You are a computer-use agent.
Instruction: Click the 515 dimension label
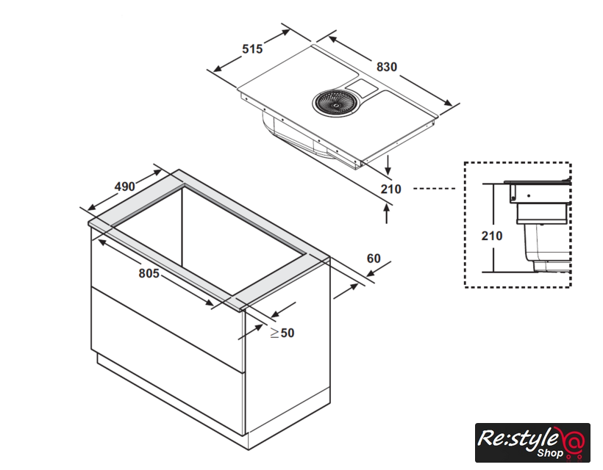click(252, 48)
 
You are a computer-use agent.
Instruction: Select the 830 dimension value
click(387, 67)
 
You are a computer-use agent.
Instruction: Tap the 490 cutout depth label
click(125, 187)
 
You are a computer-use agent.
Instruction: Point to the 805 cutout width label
click(149, 273)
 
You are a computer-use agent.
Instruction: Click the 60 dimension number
click(374, 258)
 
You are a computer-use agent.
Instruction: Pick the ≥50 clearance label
click(282, 333)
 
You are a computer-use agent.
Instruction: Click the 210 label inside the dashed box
click(492, 236)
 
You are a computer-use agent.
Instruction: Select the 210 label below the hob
click(391, 189)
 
